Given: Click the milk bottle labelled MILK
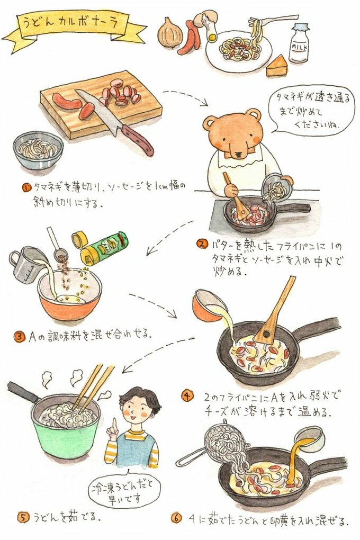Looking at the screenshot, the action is [x=299, y=43].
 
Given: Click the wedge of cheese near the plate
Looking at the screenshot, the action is [x=277, y=67].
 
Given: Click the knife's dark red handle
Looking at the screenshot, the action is [x=138, y=139].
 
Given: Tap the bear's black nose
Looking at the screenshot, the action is [x=238, y=153].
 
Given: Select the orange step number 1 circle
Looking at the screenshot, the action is [x=26, y=187].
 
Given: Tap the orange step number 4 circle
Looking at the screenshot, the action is [x=187, y=396].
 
